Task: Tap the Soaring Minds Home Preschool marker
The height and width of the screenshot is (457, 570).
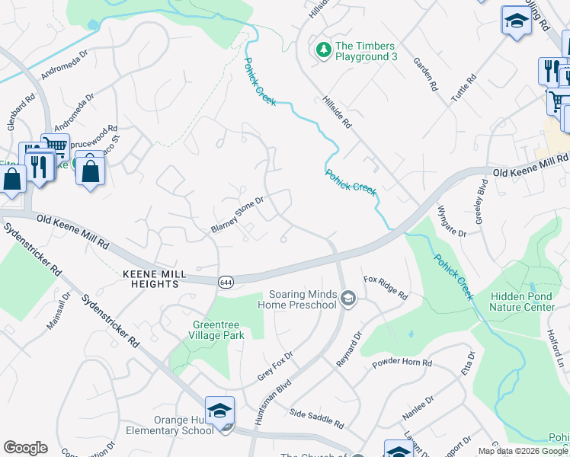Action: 348,297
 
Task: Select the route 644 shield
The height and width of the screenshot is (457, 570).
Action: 225,280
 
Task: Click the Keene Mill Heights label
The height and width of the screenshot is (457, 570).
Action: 149,279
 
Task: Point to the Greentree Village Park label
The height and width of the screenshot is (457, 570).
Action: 217,328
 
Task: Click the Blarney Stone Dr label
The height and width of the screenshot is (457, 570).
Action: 237,216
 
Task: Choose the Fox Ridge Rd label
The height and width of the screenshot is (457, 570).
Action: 386,288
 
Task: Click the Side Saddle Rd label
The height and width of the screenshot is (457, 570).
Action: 318,418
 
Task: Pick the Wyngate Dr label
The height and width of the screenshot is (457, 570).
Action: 452,220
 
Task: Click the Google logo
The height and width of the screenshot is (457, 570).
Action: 25,448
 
